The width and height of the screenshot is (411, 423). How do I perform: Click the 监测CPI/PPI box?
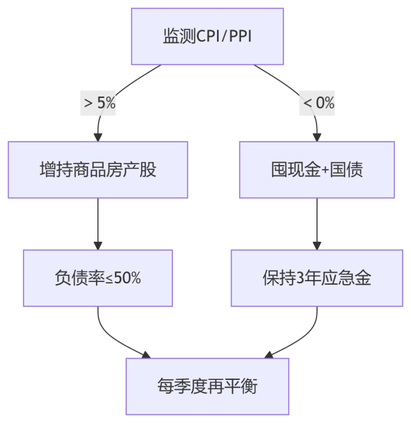pyautogui.click(x=207, y=37)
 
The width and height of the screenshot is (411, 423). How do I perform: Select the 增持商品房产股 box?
pyautogui.click(x=98, y=170)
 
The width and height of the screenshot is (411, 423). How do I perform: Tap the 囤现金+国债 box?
pyautogui.click(x=317, y=170)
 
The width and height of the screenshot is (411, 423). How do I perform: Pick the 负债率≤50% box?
pyautogui.click(x=98, y=278)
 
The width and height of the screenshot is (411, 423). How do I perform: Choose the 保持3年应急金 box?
pyautogui.click(x=317, y=278)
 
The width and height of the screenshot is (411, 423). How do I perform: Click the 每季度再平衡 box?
pyautogui.click(x=207, y=386)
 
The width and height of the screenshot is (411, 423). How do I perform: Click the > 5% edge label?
pyautogui.click(x=98, y=103)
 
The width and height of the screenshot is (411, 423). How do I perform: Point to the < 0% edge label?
pyautogui.click(x=317, y=103)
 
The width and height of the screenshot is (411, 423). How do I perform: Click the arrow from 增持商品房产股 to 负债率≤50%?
pyautogui.click(x=98, y=224)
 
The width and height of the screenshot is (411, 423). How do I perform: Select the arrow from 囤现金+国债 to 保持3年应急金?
pyautogui.click(x=317, y=224)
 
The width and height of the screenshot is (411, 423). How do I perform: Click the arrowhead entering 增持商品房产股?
pyautogui.click(x=98, y=137)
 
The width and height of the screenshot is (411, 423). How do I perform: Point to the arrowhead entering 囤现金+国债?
pyautogui.click(x=317, y=137)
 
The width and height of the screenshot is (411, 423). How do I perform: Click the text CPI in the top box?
pyautogui.click(x=208, y=37)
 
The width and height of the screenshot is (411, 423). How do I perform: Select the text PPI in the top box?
pyautogui.click(x=240, y=37)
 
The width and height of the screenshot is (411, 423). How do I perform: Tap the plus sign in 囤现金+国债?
pyautogui.click(x=325, y=171)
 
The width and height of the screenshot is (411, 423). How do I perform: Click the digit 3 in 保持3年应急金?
pyautogui.click(x=300, y=278)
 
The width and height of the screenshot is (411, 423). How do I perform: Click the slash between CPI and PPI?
pyautogui.click(x=224, y=37)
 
